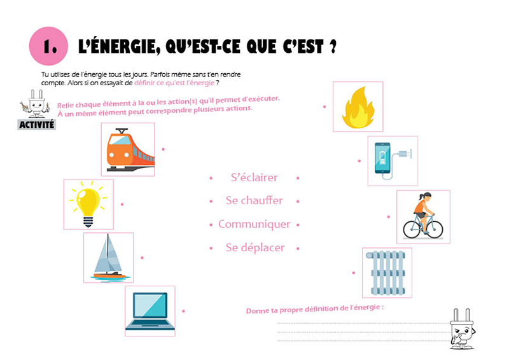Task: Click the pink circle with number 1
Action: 49,46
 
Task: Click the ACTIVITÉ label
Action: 37,125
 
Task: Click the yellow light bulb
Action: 88,204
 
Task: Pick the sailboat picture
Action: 109,258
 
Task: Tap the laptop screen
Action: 150,305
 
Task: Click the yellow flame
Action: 358,107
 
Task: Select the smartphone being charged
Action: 382,158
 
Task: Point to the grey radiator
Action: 386,273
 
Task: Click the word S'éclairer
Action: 254,177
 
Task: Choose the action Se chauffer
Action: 254,200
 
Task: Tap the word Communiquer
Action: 254,224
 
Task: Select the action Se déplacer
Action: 255,247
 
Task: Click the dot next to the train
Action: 164,149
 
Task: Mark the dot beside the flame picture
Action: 324,106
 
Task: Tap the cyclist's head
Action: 426,196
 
